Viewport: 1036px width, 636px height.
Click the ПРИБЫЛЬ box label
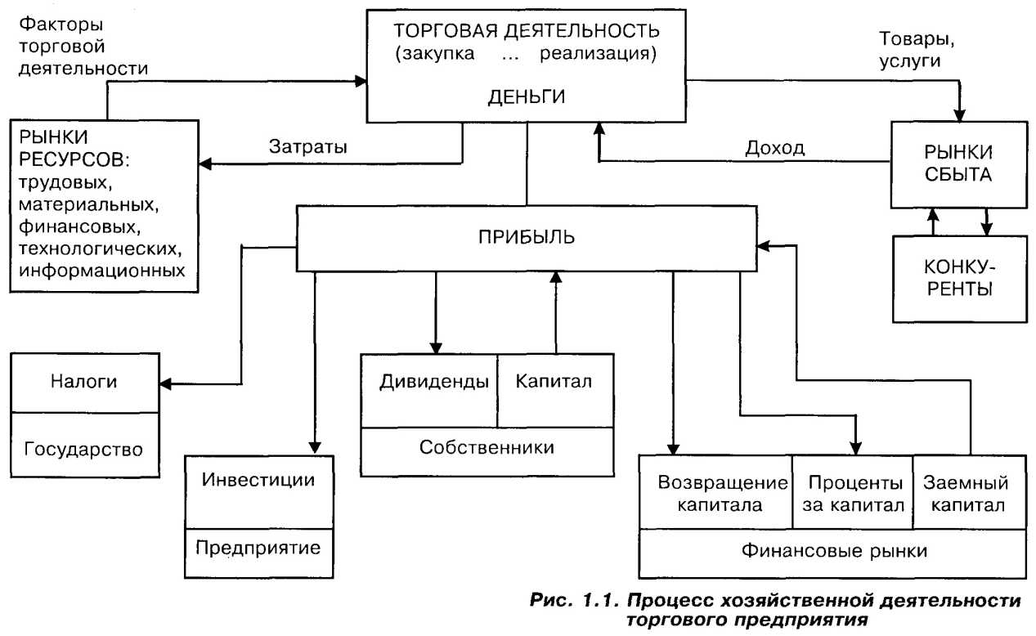pyautogui.click(x=527, y=239)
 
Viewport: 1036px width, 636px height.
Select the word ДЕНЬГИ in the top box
pyautogui.click(x=526, y=96)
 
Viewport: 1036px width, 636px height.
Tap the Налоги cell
pyautogui.click(x=85, y=383)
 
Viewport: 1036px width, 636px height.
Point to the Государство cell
pyautogui.click(x=85, y=448)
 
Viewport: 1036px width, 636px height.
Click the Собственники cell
pyautogui.click(x=487, y=448)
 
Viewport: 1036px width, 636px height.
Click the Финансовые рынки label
pyautogui.click(x=834, y=550)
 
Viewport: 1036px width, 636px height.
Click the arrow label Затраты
pyautogui.click(x=307, y=148)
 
